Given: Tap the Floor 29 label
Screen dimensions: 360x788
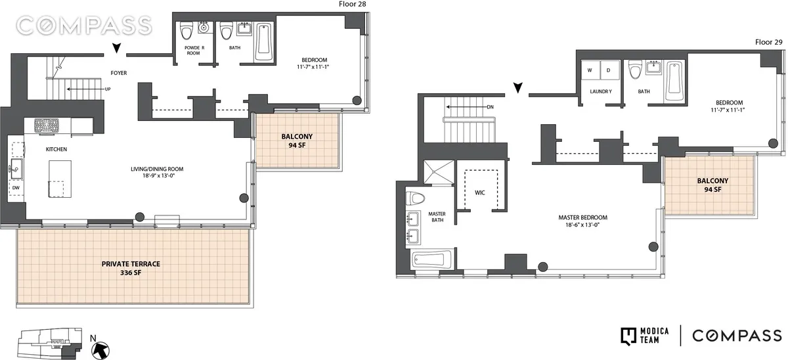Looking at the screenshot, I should click(x=768, y=42).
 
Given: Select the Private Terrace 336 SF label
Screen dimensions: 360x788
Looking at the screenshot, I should click(x=131, y=268).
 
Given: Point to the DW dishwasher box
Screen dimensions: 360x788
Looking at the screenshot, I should click(x=16, y=187).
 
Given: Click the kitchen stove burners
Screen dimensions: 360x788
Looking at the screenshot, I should click(x=47, y=125).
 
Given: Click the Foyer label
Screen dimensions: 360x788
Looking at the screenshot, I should click(x=118, y=73).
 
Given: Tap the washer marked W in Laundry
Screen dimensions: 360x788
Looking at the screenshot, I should click(x=590, y=70).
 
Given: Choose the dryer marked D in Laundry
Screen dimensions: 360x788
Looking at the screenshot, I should click(x=608, y=70).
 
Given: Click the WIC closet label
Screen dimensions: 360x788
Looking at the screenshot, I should click(x=479, y=193).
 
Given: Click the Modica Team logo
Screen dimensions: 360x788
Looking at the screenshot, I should click(x=646, y=335).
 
